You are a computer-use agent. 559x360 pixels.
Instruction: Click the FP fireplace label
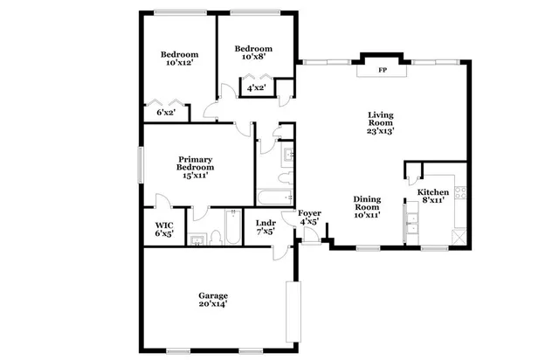click(382, 71)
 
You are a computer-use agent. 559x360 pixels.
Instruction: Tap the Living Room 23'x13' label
click(380, 123)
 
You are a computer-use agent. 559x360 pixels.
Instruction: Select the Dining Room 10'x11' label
click(367, 206)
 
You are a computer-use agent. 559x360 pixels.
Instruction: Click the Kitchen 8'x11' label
click(432, 196)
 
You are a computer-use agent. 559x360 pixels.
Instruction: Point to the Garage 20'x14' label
click(212, 300)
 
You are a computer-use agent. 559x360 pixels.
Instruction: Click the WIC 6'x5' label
click(163, 228)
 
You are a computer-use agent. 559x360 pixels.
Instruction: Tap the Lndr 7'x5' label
click(266, 227)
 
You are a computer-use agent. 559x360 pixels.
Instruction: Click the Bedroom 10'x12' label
click(177, 58)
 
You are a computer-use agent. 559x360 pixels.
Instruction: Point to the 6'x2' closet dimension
click(166, 113)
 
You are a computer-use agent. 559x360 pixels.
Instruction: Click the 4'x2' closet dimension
click(256, 88)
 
